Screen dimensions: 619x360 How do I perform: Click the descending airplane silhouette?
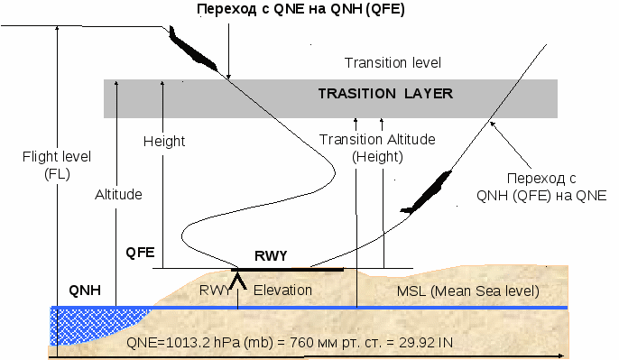[192, 50]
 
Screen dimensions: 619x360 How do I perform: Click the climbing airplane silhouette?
[427, 192]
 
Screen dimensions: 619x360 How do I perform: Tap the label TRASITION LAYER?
[385, 94]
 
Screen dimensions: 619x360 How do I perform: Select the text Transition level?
[393, 63]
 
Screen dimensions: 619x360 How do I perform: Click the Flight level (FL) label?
[57, 165]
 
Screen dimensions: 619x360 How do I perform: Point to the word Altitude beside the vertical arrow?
[118, 194]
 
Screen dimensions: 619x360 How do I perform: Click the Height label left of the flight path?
[164, 142]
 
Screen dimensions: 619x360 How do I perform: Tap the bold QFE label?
[140, 253]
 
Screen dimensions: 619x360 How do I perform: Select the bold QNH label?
[85, 291]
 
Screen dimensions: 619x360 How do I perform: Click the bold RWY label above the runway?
[271, 256]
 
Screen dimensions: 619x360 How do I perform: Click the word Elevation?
[282, 291]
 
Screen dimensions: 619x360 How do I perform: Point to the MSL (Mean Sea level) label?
[467, 291]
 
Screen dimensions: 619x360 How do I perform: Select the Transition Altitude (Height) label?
[377, 148]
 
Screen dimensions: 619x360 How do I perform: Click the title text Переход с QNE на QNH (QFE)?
[300, 9]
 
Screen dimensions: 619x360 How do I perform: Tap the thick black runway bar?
[287, 270]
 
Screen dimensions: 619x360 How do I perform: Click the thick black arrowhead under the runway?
[238, 280]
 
